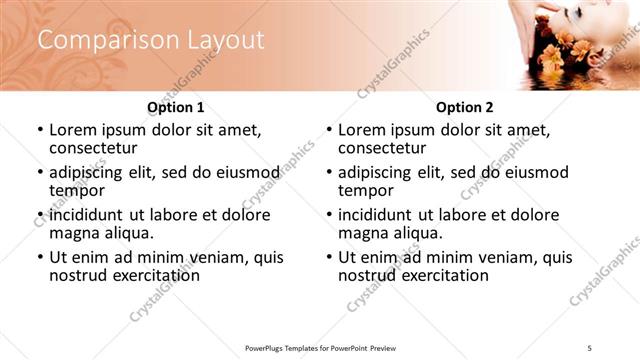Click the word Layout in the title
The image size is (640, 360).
coord(225,40)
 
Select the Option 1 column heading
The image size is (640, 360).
coord(175,107)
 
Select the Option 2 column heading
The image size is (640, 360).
coord(464,107)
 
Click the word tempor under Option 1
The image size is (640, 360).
coord(77,190)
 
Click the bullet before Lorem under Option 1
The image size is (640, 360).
coord(39,130)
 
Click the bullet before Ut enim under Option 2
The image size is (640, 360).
coord(328,258)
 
